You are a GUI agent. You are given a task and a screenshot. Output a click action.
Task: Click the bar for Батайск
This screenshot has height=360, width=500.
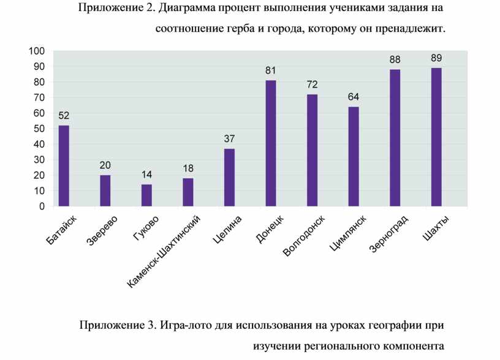[x=64, y=166]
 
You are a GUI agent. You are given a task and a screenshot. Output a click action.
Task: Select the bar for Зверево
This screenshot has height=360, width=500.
[x=105, y=191]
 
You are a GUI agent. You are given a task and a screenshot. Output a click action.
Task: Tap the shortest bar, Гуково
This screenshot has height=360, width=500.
[x=146, y=195]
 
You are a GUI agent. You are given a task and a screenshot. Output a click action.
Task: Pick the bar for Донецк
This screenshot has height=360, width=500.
[x=271, y=143]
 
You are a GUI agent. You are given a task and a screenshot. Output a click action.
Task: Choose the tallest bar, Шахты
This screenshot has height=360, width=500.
[x=436, y=137]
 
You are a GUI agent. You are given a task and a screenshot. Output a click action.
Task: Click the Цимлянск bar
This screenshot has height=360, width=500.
[x=354, y=157]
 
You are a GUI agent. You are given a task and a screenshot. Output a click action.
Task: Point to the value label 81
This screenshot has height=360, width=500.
[x=271, y=71]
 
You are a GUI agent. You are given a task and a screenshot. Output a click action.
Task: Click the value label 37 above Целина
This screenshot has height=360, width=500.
[x=229, y=139]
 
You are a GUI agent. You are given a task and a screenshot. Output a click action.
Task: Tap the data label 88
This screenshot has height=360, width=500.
[x=395, y=60]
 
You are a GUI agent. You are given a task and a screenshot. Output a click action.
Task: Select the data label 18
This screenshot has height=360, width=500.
[x=188, y=168]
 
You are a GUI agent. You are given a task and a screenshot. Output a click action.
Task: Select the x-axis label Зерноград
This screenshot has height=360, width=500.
[x=389, y=234]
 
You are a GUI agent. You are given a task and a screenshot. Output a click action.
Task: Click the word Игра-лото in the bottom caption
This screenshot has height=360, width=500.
[x=187, y=324]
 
